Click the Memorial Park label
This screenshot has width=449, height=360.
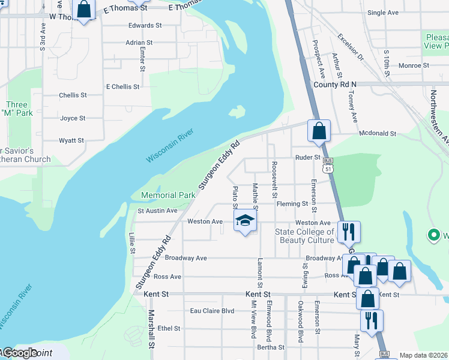pos(167,195)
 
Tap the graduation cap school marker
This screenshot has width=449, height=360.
pos(244,221)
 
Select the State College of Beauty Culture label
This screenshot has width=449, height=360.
pos(304,236)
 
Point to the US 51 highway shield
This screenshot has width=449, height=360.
pos(328,166)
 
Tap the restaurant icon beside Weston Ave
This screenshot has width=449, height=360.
pos(349,231)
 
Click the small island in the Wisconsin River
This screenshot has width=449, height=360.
pos(238,112)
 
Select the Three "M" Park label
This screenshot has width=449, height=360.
pos(16,109)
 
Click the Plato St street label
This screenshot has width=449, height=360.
pos(235,197)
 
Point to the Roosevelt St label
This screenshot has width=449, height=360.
pos(274,179)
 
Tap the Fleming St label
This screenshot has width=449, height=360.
pos(292,204)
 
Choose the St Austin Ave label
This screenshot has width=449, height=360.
pos(158,211)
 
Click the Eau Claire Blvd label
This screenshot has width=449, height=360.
pos(212,311)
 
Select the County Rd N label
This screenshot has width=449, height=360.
pos(335,85)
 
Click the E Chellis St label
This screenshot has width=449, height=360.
pos(122,86)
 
